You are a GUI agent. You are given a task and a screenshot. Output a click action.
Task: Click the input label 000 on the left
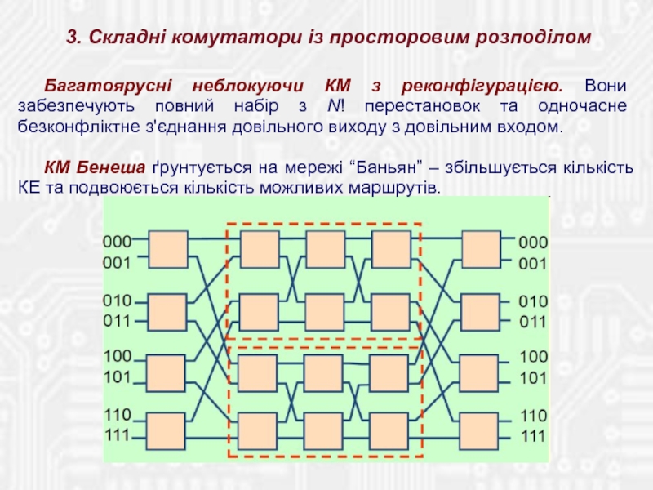(117, 242)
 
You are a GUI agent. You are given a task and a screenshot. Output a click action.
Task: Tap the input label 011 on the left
(117, 321)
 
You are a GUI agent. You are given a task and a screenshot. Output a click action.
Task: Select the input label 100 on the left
(117, 356)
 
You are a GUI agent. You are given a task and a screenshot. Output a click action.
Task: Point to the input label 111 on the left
(117, 435)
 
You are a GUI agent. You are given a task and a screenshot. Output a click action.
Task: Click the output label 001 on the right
(534, 264)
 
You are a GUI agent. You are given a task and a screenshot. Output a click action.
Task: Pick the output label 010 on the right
(534, 301)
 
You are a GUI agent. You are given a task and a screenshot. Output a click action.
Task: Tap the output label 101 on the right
(534, 378)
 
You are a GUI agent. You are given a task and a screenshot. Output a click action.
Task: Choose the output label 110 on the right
(534, 415)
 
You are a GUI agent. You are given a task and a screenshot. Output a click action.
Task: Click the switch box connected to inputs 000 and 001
(167, 250)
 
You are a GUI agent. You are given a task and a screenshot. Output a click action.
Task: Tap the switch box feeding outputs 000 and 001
(481, 250)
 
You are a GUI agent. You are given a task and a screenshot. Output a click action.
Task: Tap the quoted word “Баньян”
(387, 168)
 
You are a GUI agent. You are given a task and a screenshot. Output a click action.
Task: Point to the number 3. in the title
(72, 37)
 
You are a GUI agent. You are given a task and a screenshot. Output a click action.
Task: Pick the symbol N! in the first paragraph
(334, 107)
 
